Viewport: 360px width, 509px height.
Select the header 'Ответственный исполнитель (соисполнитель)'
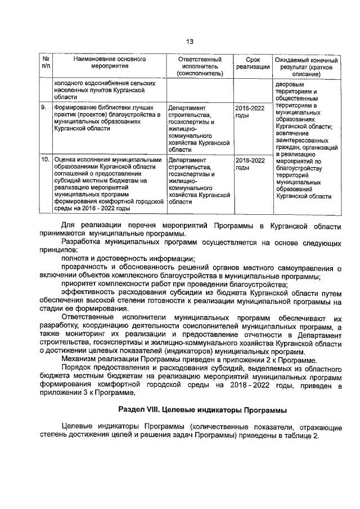click(x=200, y=66)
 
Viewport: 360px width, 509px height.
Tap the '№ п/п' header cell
click(x=46, y=62)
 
